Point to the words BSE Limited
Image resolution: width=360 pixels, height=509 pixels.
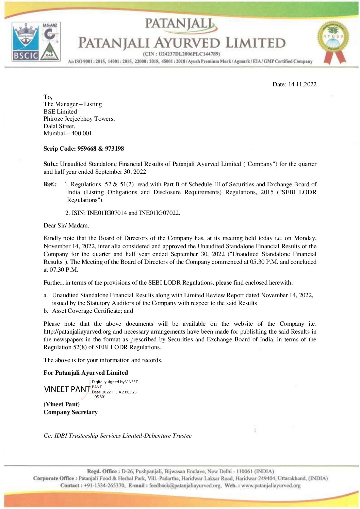point(60,112)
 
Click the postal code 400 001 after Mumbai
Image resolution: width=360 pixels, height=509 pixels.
point(82,133)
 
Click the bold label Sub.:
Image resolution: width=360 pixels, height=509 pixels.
point(50,164)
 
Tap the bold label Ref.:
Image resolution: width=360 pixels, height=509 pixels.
point(50,184)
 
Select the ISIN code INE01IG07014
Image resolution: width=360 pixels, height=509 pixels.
point(107,213)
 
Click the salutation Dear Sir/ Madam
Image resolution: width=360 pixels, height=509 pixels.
point(66,225)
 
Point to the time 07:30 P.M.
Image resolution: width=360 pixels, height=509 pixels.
point(63,270)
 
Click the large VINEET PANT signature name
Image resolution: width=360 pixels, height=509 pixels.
point(67,389)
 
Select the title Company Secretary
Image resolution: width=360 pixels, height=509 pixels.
point(70,412)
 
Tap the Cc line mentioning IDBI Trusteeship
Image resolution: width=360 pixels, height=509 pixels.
point(117,436)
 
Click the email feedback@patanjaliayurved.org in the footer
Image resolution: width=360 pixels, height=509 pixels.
point(185,486)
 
